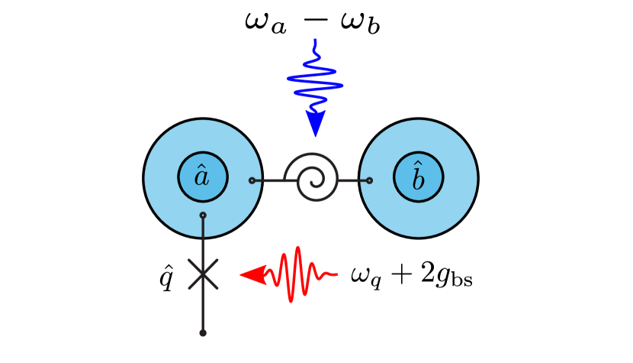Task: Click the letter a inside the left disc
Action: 201,178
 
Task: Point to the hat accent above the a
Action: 201,166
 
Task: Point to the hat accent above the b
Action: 418,164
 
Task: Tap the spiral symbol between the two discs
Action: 312,178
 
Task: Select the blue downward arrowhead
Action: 316,123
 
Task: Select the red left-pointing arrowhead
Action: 252,274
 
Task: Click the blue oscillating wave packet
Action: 315,79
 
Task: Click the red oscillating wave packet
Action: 297,274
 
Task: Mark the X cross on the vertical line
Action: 203,274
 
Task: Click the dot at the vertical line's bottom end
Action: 203,332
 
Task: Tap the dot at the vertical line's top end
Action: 203,216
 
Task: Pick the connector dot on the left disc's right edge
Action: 252,180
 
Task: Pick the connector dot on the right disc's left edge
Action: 369,180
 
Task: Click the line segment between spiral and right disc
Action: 352,180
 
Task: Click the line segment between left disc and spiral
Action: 268,180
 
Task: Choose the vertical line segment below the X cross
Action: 203,310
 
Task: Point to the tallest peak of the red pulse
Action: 297,250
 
